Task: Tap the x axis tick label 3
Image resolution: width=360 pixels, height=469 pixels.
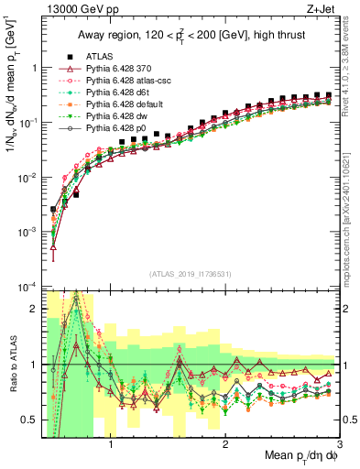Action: (340, 445)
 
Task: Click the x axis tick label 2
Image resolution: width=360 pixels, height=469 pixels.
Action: (226, 445)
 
